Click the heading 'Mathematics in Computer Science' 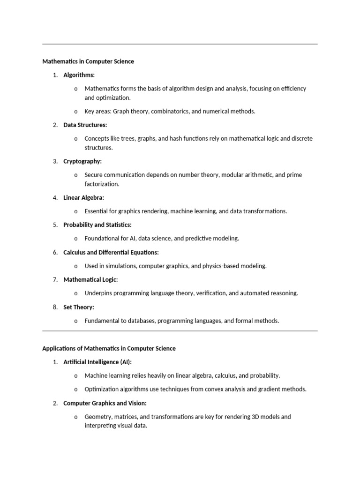(88, 61)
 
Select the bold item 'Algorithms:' (79, 75)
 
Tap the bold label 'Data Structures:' (85, 125)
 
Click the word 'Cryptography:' (82, 161)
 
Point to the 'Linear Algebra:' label (84, 198)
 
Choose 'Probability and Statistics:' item (97, 225)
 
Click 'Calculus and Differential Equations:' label (111, 253)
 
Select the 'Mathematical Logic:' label (90, 280)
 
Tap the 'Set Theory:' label (79, 307)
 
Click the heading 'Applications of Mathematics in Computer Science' (109, 348)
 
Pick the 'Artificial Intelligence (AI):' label (97, 362)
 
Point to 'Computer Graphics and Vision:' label (105, 403)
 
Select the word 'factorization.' (102, 184)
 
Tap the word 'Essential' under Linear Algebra (96, 211)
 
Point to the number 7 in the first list (55, 280)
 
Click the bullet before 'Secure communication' (76, 175)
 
